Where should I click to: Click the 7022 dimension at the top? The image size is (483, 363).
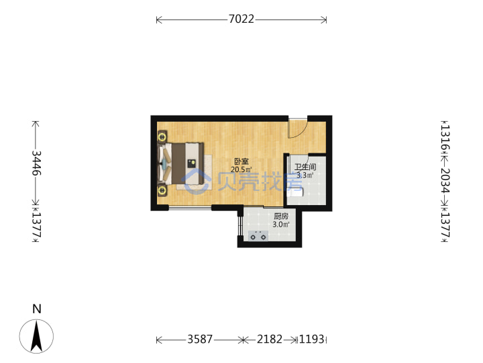tap(241, 19)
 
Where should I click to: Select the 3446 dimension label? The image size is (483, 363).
tap(37, 163)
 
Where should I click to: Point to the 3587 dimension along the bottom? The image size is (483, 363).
tap(200, 339)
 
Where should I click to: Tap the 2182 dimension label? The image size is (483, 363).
tap(270, 339)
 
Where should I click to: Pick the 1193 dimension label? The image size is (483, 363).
tap(312, 339)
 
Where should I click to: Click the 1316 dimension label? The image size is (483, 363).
tap(445, 137)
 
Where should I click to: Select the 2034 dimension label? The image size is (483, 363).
tap(445, 180)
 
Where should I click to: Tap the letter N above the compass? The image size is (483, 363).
tap(37, 309)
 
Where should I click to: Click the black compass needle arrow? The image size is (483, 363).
tap(36, 337)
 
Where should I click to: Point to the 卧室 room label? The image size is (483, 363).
tap(241, 161)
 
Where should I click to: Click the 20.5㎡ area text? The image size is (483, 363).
tap(241, 169)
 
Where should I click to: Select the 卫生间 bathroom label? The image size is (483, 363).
tap(305, 167)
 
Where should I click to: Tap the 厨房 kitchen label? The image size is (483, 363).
tap(281, 216)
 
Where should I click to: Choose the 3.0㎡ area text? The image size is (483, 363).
tap(281, 225)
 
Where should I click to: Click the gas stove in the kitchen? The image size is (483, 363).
tap(258, 235)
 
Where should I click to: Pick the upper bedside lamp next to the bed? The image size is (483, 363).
tap(162, 136)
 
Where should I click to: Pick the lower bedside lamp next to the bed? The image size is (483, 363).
tap(162, 190)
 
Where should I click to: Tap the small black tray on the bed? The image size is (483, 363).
tap(192, 163)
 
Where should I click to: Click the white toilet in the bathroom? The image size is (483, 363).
tap(295, 192)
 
